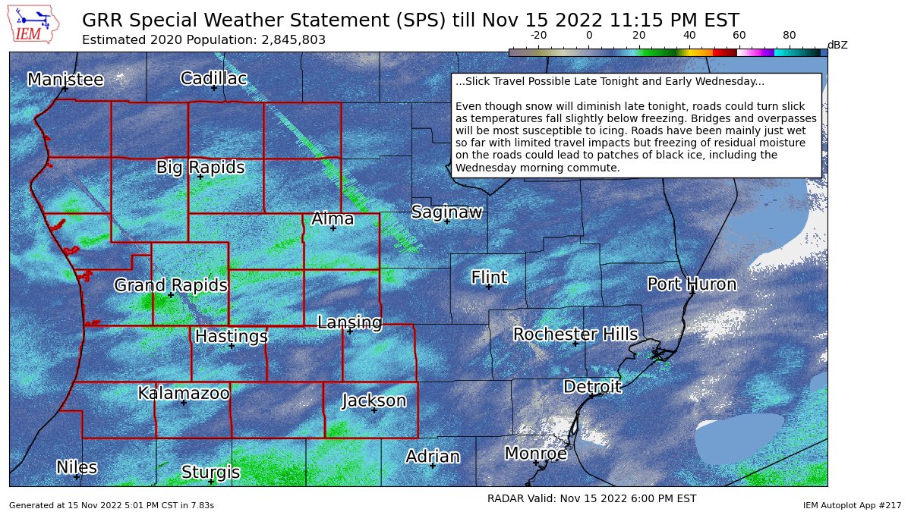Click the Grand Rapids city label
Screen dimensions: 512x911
coord(171,285)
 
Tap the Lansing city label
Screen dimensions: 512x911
coord(349,322)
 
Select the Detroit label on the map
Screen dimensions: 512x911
coord(592,387)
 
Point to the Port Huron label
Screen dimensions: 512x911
coord(692,284)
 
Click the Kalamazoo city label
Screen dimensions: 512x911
coord(184,393)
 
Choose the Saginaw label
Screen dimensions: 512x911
coord(446,212)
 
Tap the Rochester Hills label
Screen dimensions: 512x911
coord(575,334)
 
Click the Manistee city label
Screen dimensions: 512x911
coord(65,79)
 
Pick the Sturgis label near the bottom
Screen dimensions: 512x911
coord(210,473)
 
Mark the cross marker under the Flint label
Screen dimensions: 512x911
coord(489,287)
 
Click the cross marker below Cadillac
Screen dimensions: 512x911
coord(214,88)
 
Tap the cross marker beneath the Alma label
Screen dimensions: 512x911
coord(333,228)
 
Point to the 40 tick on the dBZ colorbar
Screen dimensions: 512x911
coord(689,35)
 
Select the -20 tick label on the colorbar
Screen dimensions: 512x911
coord(538,35)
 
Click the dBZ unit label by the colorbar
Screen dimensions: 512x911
coord(837,45)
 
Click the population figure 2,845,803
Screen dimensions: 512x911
coord(288,39)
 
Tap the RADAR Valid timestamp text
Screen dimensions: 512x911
coord(591,498)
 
